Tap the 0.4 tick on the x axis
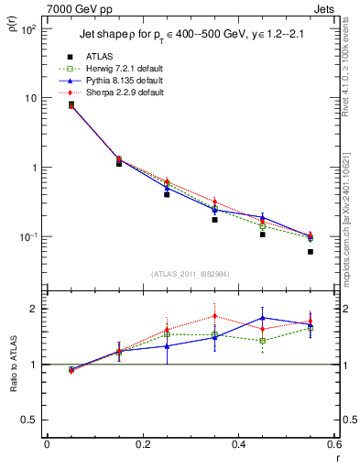pyautogui.click(x=238, y=444)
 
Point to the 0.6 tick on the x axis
pyautogui.click(x=333, y=444)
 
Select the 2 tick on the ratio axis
pyautogui.click(x=35, y=309)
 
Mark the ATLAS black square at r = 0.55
pyautogui.click(x=311, y=252)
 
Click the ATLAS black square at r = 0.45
pyautogui.click(x=263, y=234)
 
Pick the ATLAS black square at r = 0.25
pyautogui.click(x=167, y=194)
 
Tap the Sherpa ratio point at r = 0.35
pyautogui.click(x=214, y=316)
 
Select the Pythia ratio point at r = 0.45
pyautogui.click(x=263, y=318)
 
